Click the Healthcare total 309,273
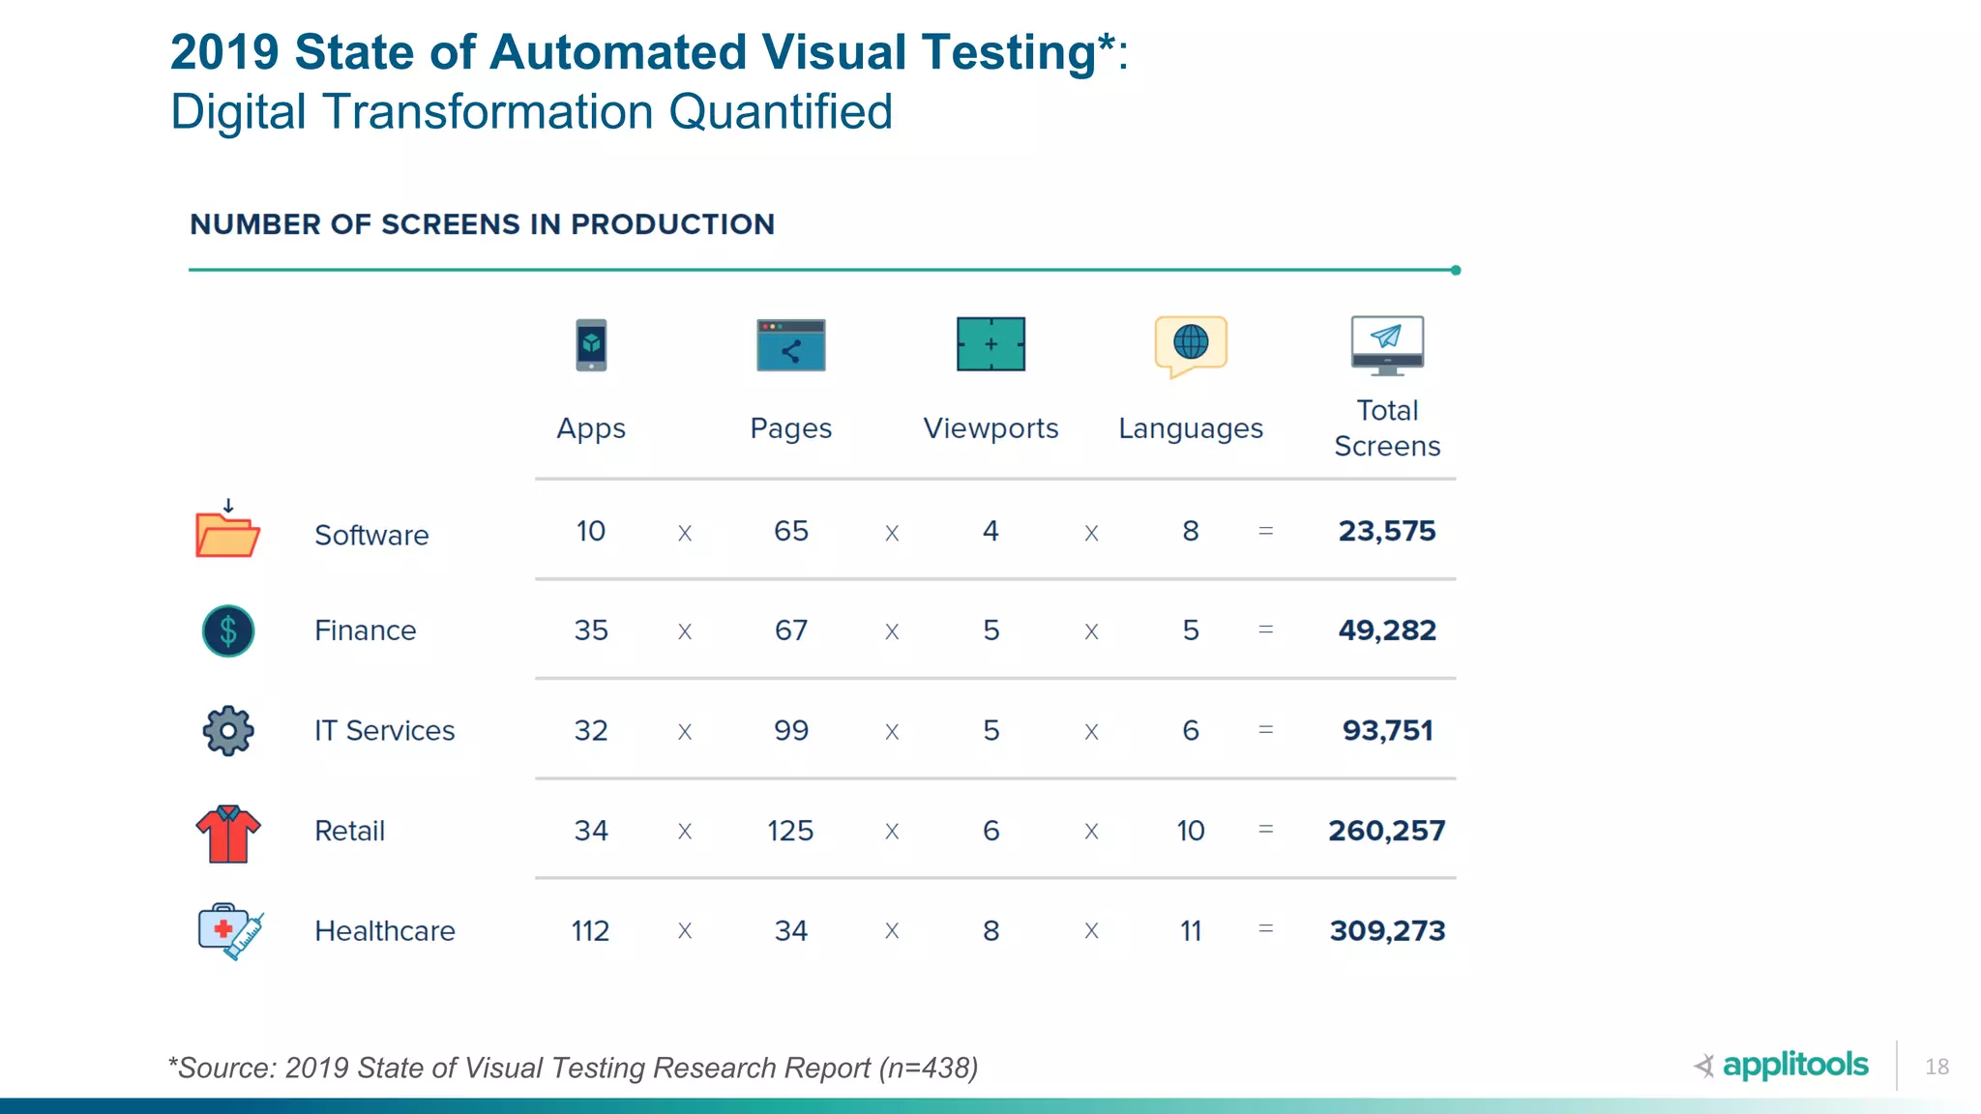coord(1386,930)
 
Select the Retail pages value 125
coord(790,831)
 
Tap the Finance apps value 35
coord(591,630)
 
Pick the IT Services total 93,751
coord(1387,730)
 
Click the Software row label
coord(371,535)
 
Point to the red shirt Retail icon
coord(228,833)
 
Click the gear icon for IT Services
coord(228,730)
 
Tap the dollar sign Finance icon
coord(228,630)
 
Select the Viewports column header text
coord(990,428)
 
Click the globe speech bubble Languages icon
coord(1191,344)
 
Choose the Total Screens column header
coord(1387,428)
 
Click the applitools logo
coord(1782,1065)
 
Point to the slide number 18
coord(1937,1067)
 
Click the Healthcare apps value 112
coord(590,930)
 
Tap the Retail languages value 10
coord(1191,831)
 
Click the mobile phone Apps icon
coord(591,344)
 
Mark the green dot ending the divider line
coord(1456,270)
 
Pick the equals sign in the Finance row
coord(1265,630)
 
